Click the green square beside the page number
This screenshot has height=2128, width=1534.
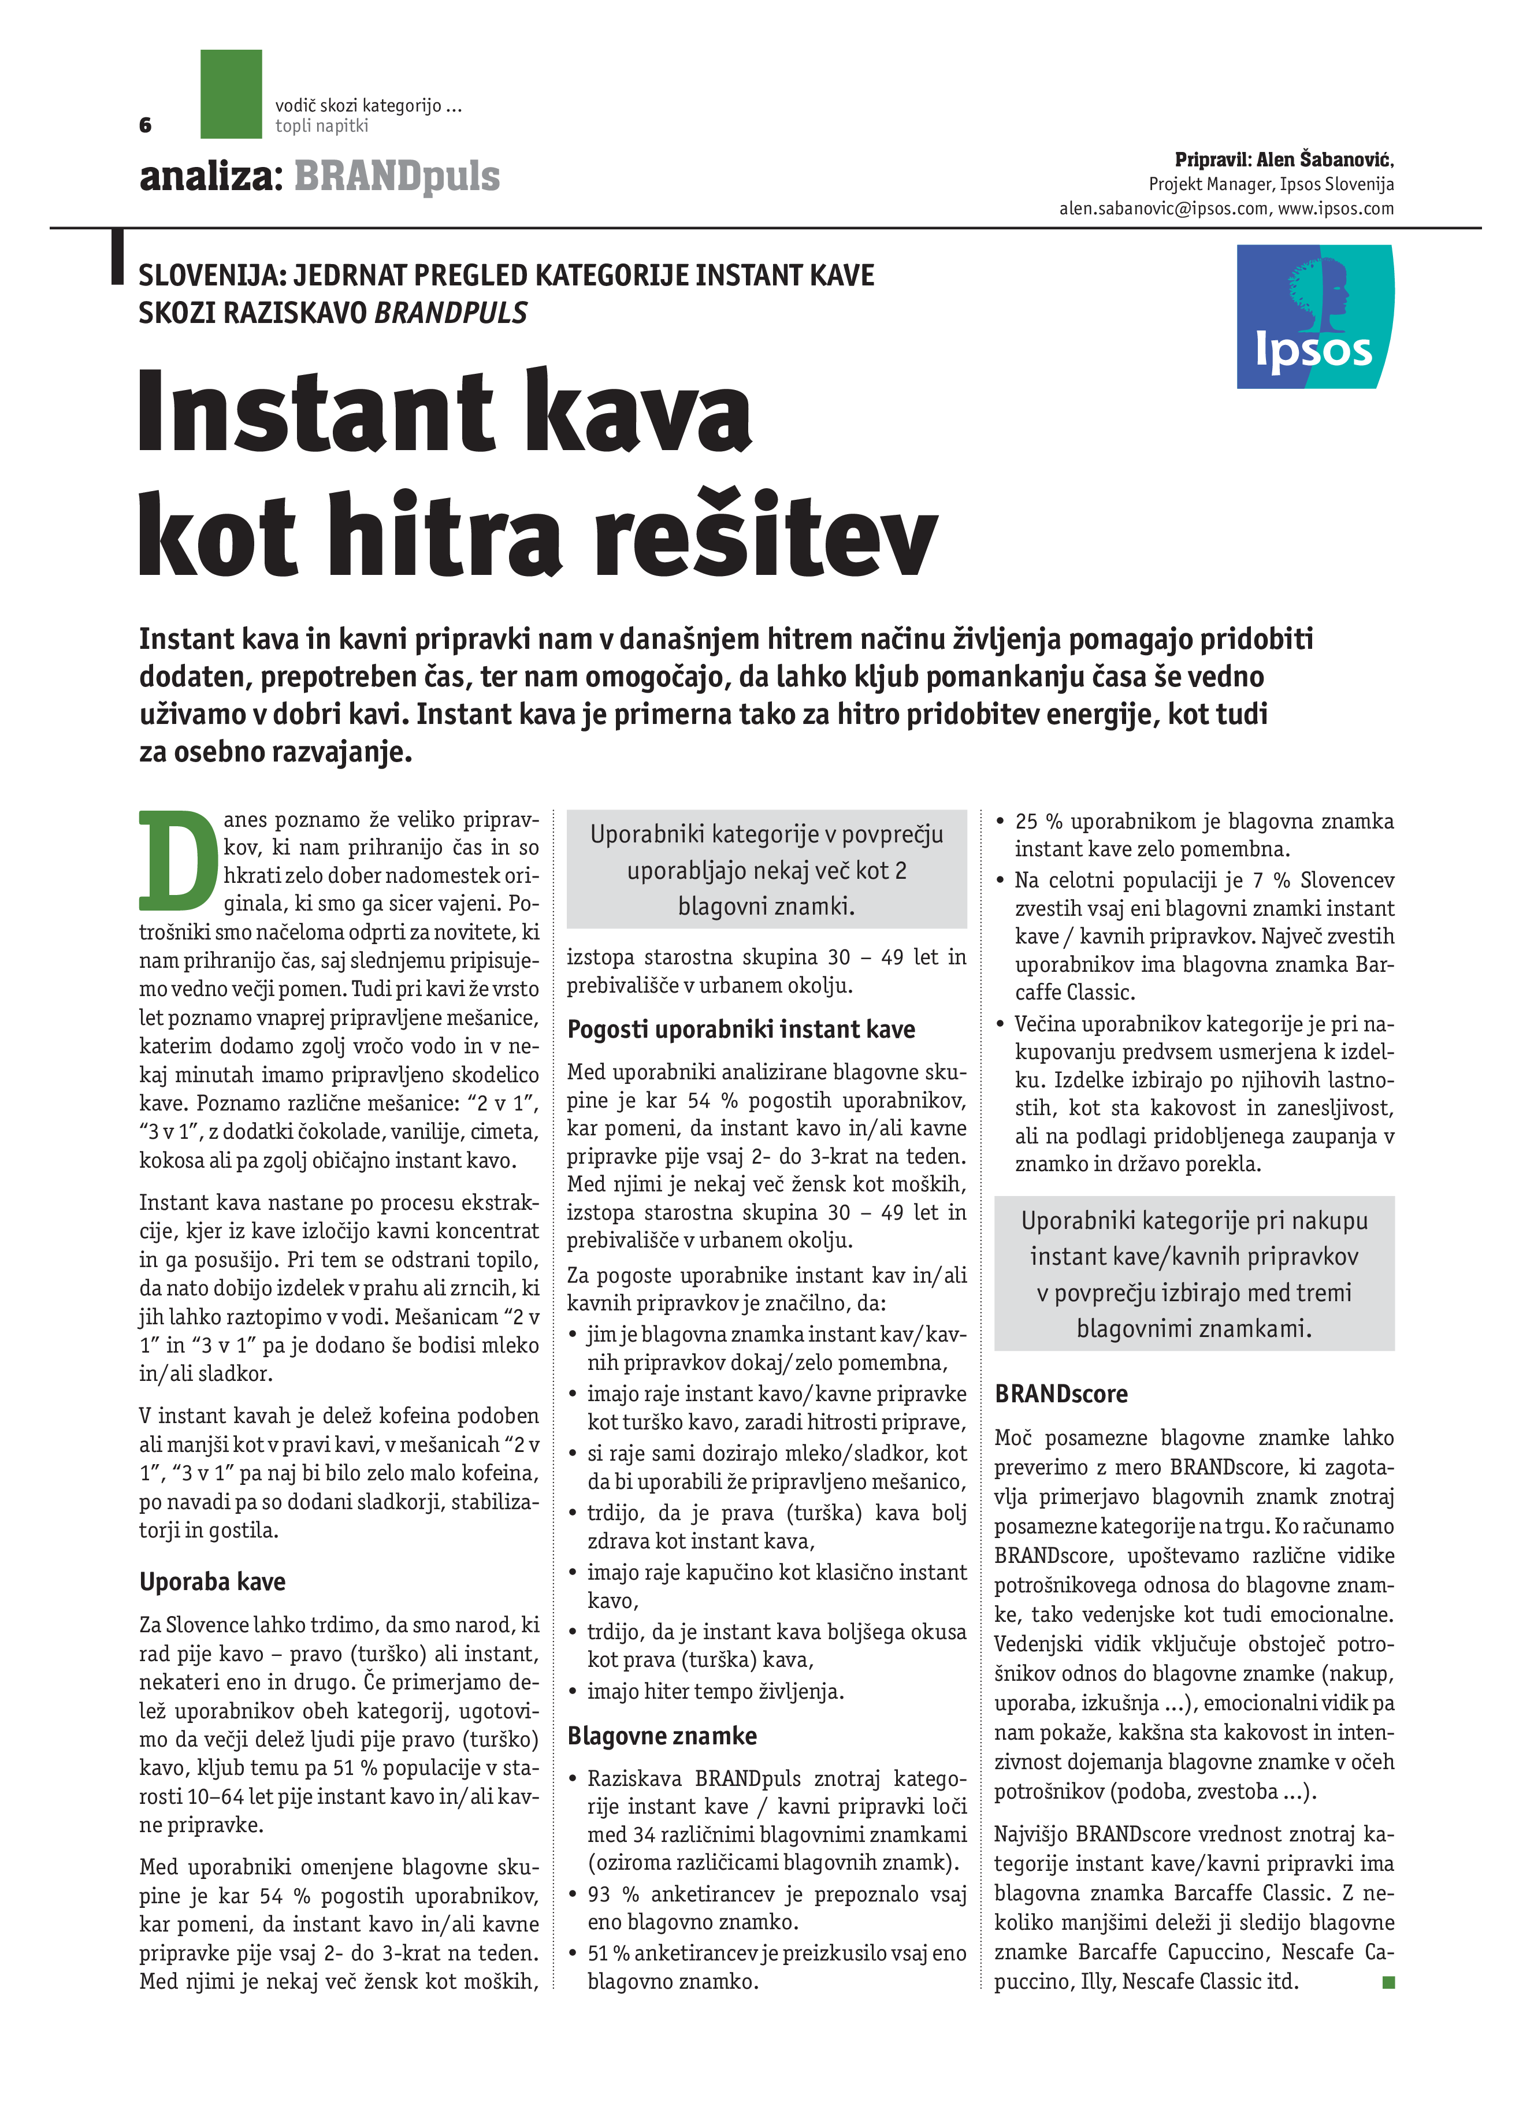tap(231, 94)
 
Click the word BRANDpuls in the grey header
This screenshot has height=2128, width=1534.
tap(397, 176)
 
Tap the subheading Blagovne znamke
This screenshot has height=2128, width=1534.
tap(662, 1736)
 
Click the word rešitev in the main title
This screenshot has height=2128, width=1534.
tap(764, 537)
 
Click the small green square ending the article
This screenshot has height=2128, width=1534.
tap(1388, 1982)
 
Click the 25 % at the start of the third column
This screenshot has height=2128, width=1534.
tap(1038, 822)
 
